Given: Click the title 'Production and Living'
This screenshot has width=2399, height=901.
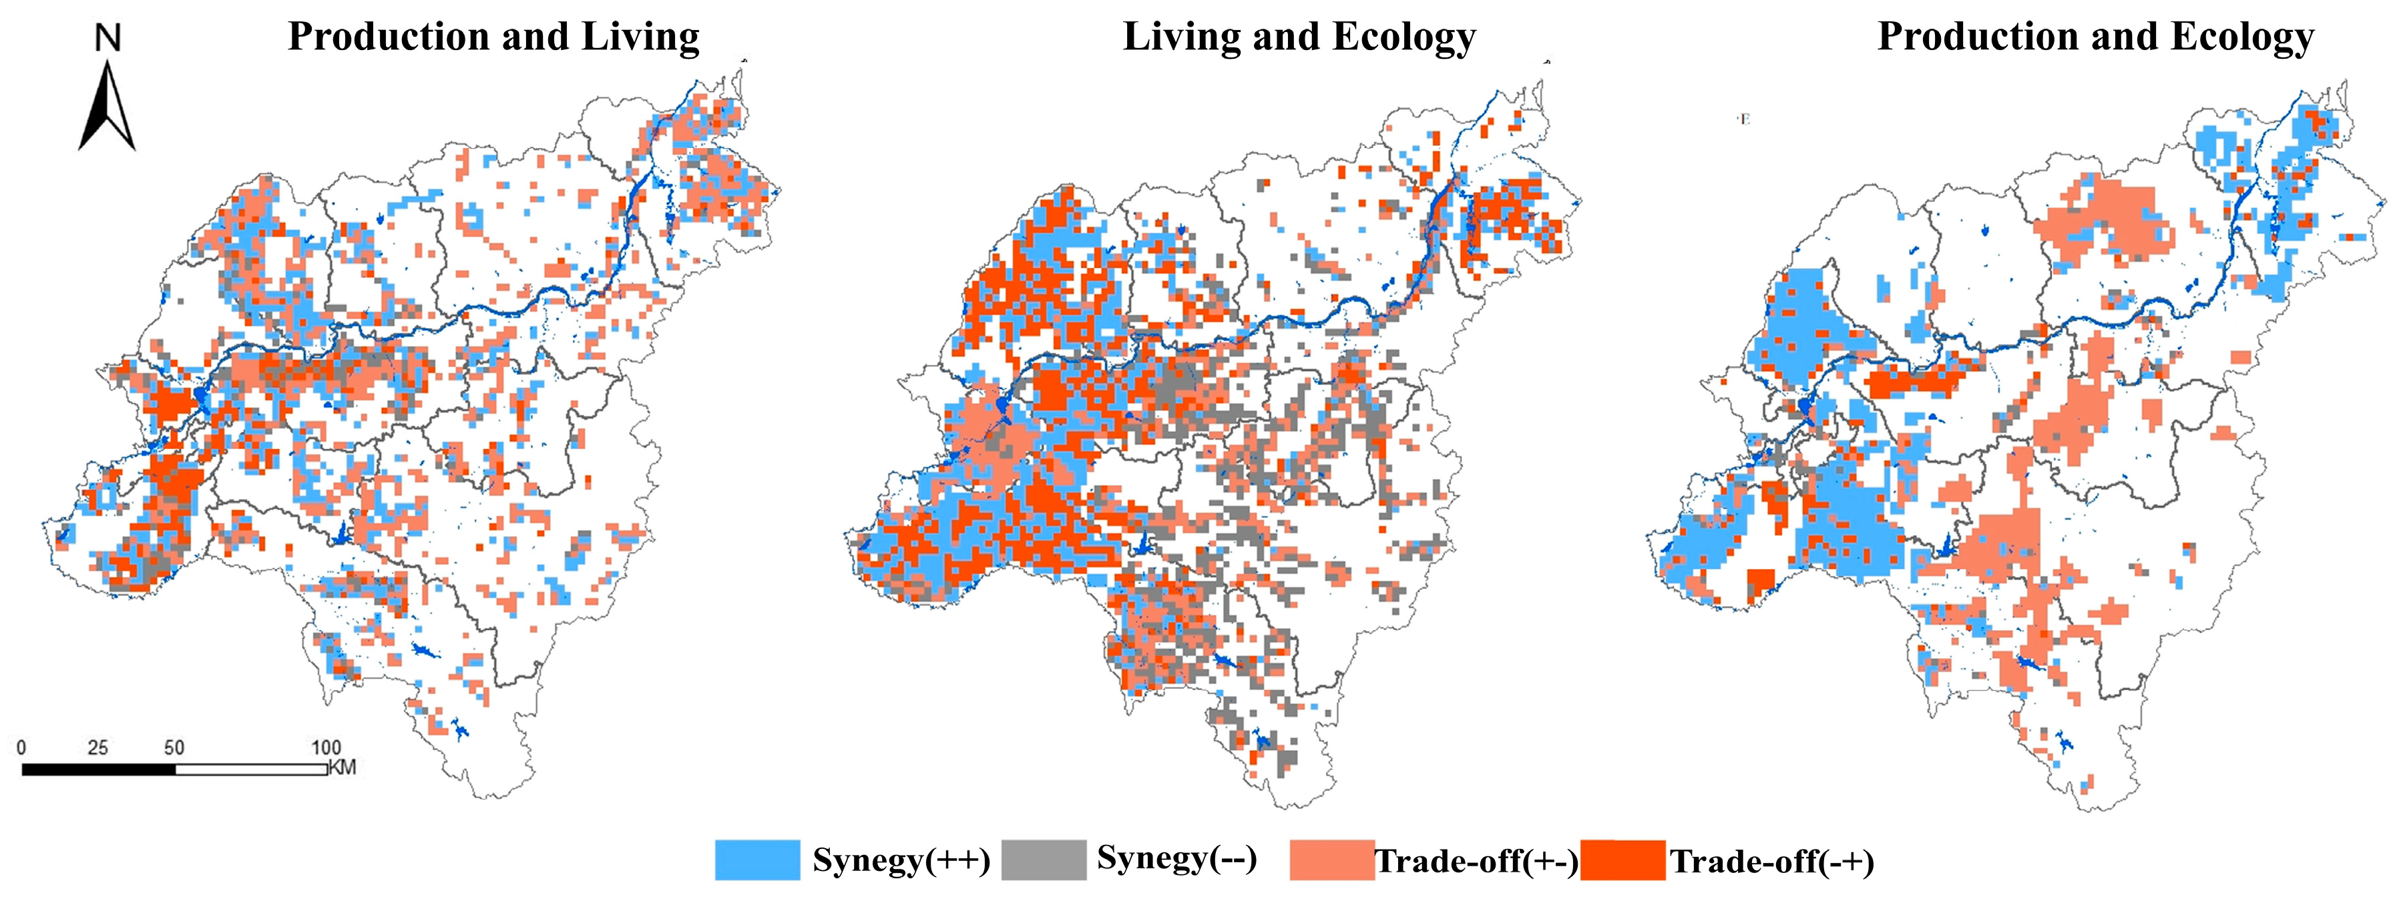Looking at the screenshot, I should tap(493, 37).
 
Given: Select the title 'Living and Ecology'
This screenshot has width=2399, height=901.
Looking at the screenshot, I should tap(1299, 37).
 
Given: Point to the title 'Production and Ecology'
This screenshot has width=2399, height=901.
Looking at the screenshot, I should tap(2095, 37).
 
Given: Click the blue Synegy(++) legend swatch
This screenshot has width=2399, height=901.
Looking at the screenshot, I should tap(757, 859).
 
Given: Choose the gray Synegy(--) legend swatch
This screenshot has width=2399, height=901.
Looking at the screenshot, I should tap(1043, 859).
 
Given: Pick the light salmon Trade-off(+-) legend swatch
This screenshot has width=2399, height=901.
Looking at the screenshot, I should tap(1332, 859).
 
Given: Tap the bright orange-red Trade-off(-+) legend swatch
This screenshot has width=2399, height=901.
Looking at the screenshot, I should tap(1622, 859).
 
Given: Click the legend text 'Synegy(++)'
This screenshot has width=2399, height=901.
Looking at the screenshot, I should tap(901, 859).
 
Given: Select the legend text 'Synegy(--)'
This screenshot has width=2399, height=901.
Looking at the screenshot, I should tap(1176, 857).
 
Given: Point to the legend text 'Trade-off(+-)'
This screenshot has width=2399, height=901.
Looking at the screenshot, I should tap(1476, 861).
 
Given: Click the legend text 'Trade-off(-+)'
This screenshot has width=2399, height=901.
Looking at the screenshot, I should tap(1771, 861).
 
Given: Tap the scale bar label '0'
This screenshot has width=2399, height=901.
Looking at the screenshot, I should tap(21, 747).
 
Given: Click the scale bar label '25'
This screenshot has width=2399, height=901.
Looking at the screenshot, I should tap(97, 747).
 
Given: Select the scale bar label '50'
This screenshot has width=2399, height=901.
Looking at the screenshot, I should tap(174, 747).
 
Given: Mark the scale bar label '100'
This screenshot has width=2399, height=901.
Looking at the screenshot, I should tap(326, 747).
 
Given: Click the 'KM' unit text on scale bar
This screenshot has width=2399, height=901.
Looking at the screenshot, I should tap(342, 769).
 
